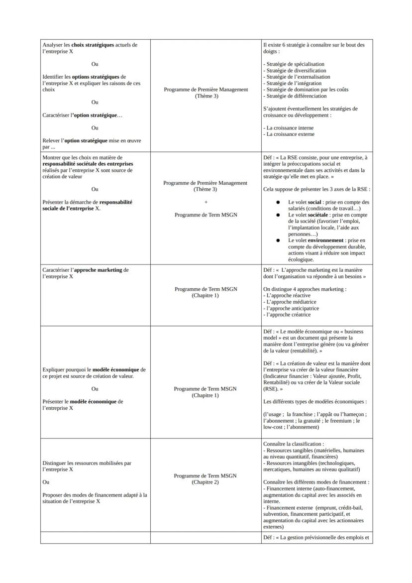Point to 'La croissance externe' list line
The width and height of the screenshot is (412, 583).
point(290,134)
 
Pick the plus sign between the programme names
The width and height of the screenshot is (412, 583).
point(206,202)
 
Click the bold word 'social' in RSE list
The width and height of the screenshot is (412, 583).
point(315,202)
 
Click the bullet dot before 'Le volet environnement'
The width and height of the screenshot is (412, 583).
point(278,240)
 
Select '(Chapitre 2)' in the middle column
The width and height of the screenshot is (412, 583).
point(205,482)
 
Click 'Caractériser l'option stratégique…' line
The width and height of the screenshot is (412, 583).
point(83,115)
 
